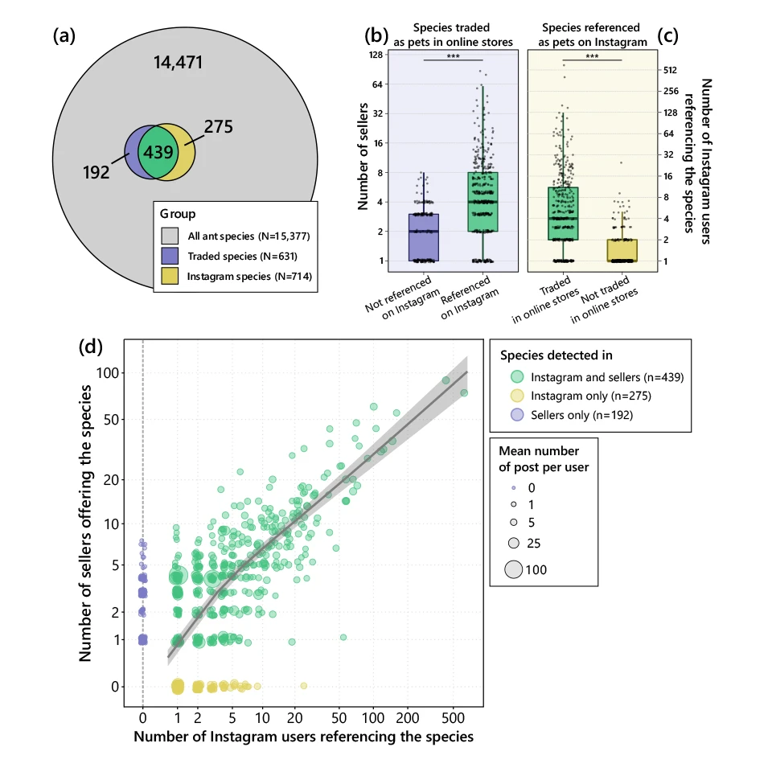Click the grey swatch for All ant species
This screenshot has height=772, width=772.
(170, 236)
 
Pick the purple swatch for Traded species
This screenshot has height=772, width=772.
(170, 257)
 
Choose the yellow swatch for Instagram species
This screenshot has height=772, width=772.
(170, 277)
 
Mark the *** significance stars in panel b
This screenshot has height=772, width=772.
(453, 55)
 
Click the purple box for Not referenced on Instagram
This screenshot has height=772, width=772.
(424, 237)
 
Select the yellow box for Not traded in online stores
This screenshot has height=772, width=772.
(622, 250)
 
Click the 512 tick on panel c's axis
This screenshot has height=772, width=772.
(670, 70)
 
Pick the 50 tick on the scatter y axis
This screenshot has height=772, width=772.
(110, 420)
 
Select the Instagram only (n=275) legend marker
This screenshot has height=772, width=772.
(517, 395)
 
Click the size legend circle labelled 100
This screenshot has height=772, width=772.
(514, 570)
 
